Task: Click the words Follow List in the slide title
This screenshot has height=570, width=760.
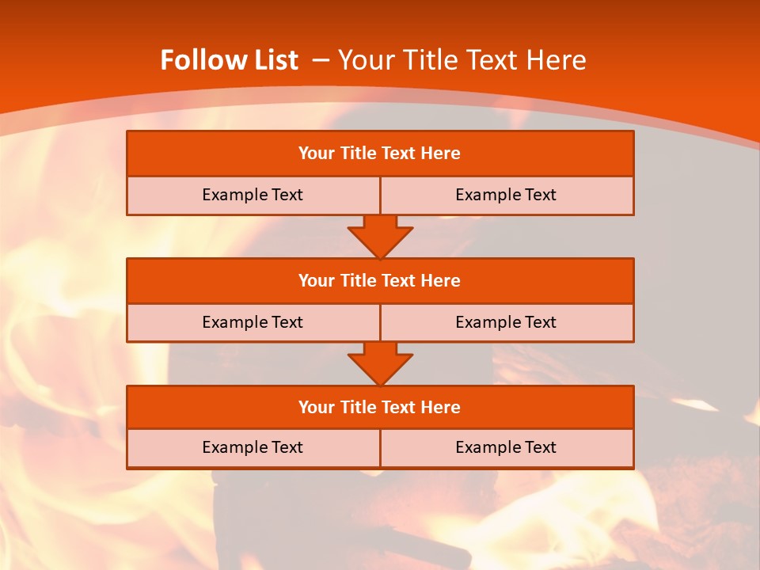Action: [x=230, y=60]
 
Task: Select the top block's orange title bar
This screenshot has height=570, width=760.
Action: [x=380, y=154]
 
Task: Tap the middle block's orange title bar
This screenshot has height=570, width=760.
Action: [x=380, y=280]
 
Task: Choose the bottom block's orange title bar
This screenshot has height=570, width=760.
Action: [x=380, y=407]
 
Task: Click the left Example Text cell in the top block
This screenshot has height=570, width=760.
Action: [x=253, y=195]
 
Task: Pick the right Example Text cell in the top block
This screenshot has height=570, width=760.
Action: [x=506, y=195]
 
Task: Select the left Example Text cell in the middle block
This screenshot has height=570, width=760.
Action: [x=253, y=322]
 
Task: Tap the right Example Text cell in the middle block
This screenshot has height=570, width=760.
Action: [x=506, y=322]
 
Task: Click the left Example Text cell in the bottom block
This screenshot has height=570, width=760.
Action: [x=253, y=447]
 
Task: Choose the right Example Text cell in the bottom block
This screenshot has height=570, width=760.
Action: [x=506, y=447]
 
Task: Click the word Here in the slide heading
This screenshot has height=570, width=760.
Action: [x=555, y=60]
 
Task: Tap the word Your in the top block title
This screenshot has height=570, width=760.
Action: [x=317, y=154]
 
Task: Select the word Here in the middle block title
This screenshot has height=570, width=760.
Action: [x=440, y=280]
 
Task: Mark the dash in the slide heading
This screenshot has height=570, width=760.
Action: [x=321, y=60]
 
